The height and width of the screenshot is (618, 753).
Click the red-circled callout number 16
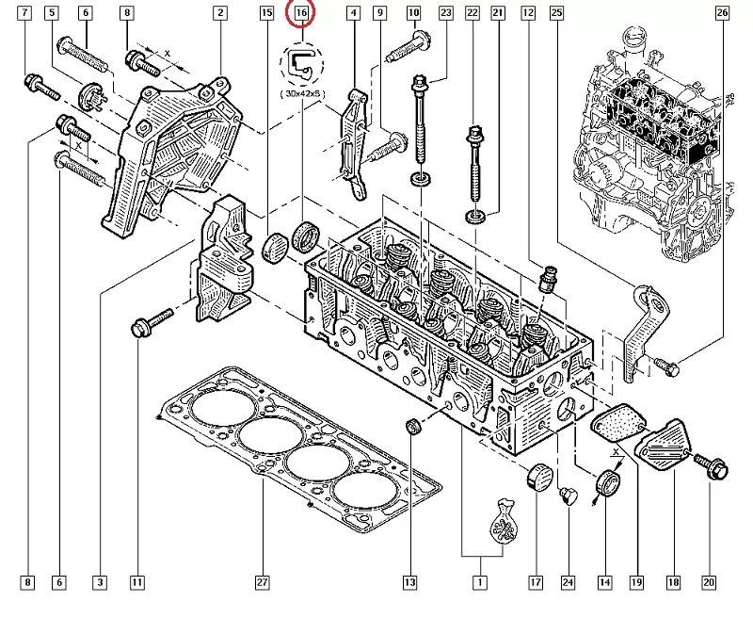click(300, 13)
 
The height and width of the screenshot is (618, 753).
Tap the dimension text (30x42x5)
click(302, 95)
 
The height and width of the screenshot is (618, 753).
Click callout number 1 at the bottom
click(481, 583)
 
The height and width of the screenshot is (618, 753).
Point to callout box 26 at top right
click(722, 13)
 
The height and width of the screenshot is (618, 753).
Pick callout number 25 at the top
click(556, 13)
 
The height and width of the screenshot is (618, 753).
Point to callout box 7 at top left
click(24, 13)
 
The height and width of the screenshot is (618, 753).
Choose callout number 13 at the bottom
click(410, 583)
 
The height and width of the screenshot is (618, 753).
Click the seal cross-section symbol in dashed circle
click(301, 65)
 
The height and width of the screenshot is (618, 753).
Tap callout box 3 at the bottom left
click(99, 583)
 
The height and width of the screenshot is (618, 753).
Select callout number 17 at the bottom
click(536, 583)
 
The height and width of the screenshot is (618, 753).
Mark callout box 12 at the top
click(528, 13)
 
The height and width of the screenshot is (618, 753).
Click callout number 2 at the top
click(219, 13)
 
